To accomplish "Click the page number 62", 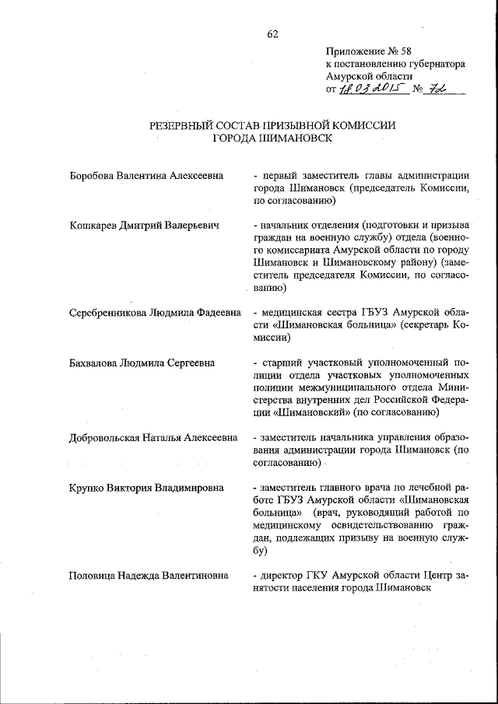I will pyautogui.click(x=272, y=33).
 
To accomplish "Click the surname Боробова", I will pyautogui.click(x=93, y=176).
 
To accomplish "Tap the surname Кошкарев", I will pyautogui.click(x=95, y=226).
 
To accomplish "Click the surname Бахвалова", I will pyautogui.click(x=96, y=363).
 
